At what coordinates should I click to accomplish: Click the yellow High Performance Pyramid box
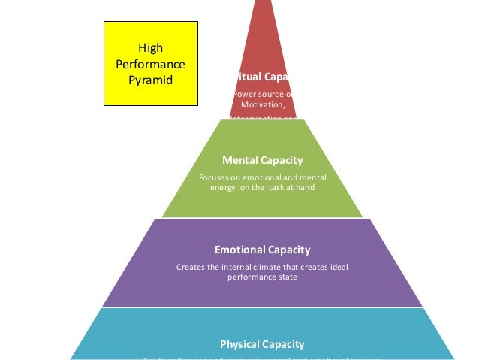coord(150,63)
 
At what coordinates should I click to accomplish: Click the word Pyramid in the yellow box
coord(150,79)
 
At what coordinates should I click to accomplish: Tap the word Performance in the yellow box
coord(150,64)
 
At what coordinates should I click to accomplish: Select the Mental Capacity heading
coord(262,160)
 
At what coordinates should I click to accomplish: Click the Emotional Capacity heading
coord(262,250)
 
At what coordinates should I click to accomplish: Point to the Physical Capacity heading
coord(262,344)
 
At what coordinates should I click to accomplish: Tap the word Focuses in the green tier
coord(215,177)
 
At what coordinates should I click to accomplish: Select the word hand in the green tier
coord(304,188)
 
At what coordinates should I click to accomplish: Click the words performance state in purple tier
coord(262,277)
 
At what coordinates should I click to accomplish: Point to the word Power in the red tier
coord(245,94)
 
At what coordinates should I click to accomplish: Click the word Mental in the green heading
coord(239,160)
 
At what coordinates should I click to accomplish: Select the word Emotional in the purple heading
coord(239,250)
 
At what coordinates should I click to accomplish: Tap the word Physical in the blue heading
coord(239,344)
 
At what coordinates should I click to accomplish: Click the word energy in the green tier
coord(222,188)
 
